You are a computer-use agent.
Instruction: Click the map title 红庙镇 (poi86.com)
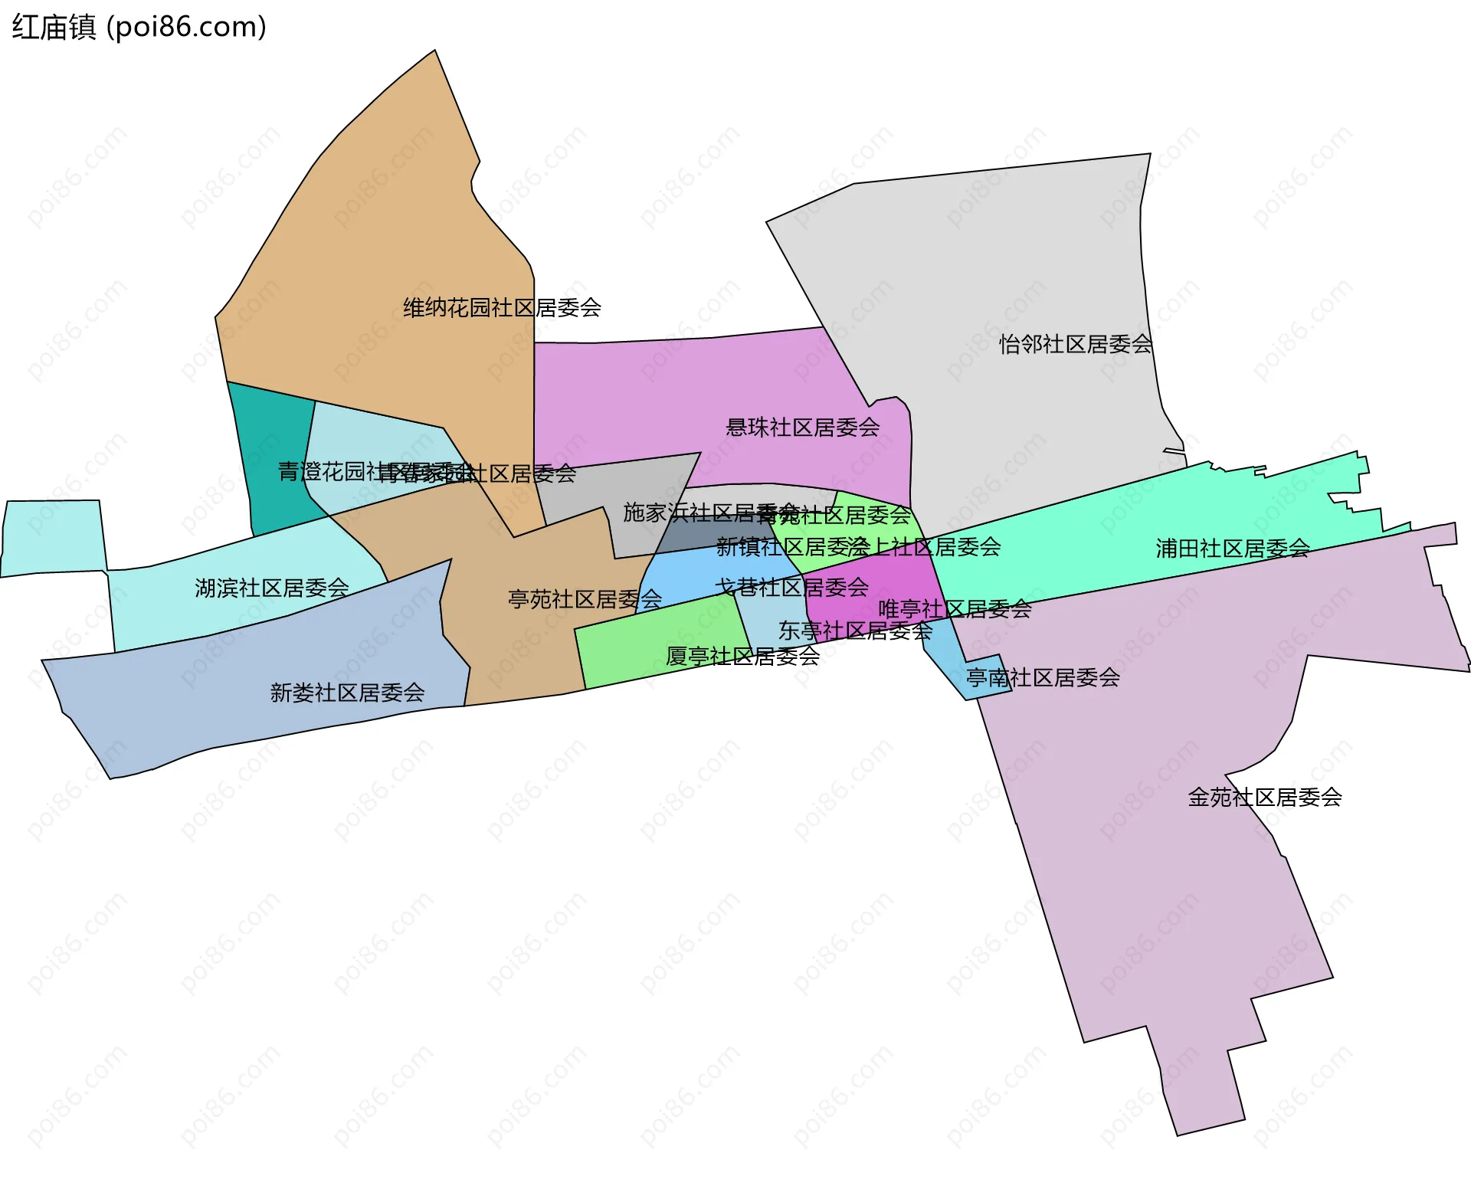click(139, 27)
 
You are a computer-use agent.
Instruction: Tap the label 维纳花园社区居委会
click(502, 308)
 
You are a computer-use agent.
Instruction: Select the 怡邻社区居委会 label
click(1076, 345)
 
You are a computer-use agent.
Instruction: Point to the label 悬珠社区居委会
click(802, 428)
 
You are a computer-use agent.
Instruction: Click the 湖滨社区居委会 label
click(272, 588)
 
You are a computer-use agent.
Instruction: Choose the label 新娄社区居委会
click(347, 693)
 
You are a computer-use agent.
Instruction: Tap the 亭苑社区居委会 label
click(585, 599)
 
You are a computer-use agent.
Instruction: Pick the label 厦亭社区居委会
click(742, 657)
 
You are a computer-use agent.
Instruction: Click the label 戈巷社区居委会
click(791, 588)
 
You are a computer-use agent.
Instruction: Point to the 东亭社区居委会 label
click(855, 631)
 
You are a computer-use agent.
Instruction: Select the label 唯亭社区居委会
click(955, 610)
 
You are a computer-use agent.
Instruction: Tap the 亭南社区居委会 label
click(1043, 678)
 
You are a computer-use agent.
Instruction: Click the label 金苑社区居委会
click(1265, 798)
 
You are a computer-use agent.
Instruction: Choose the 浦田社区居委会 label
click(1233, 549)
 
